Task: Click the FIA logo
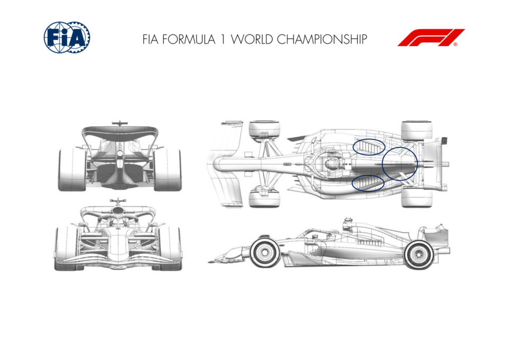67,37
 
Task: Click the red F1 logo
431,38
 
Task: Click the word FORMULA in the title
189,39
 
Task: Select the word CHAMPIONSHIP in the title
322,39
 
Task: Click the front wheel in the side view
265,252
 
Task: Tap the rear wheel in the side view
419,254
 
